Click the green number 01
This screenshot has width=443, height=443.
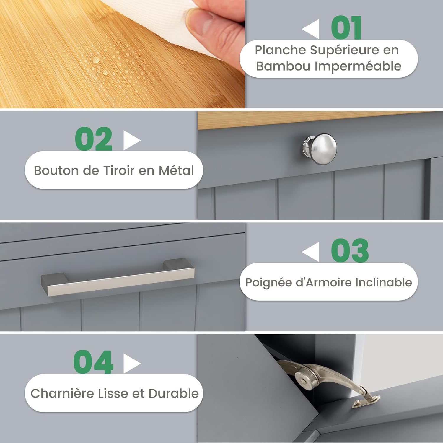coord(346,27)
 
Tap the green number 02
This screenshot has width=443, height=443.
coord(94,139)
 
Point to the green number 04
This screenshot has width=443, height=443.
coord(93,362)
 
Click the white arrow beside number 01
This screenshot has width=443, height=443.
coord(311,29)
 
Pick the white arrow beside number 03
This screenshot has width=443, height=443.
coord(311,252)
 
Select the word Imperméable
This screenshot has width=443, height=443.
coord(358,66)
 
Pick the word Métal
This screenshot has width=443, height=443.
coord(176,170)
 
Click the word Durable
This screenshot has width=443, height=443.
coord(174,393)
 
